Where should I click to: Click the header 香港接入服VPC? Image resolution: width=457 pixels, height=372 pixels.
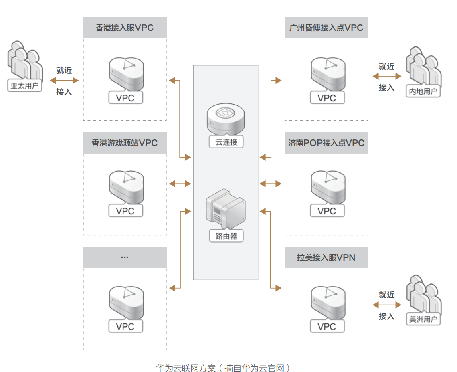[125, 28]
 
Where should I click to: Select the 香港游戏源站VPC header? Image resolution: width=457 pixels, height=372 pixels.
[125, 143]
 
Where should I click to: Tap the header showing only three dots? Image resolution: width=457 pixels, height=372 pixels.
[125, 257]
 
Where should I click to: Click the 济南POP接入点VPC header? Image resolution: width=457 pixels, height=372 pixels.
[326, 143]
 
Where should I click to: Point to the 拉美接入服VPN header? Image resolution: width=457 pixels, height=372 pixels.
[326, 257]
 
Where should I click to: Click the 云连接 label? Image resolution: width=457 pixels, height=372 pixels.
[226, 142]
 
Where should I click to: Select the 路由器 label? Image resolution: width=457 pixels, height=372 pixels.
[226, 236]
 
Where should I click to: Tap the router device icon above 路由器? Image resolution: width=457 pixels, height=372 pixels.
[226, 209]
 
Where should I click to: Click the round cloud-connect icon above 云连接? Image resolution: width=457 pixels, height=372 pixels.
[226, 119]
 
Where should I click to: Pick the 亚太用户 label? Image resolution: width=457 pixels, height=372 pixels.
[25, 85]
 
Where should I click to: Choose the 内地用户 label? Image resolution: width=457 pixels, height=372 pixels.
[423, 91]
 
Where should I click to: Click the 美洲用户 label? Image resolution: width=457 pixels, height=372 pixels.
[423, 319]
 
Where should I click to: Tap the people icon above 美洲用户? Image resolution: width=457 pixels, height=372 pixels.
[424, 295]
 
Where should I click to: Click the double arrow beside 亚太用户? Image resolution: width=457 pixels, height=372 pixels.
[64, 81]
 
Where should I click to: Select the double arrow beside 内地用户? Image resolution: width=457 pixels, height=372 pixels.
[387, 77]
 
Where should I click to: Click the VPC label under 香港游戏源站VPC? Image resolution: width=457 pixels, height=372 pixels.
[125, 211]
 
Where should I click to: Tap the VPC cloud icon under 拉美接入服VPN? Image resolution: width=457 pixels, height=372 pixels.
[328, 303]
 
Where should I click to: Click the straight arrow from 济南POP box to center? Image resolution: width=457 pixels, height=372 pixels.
[271, 184]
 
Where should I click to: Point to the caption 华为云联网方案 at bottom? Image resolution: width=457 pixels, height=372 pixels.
[186, 368]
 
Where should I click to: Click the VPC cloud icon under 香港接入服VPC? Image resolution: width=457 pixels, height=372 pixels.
[127, 74]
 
